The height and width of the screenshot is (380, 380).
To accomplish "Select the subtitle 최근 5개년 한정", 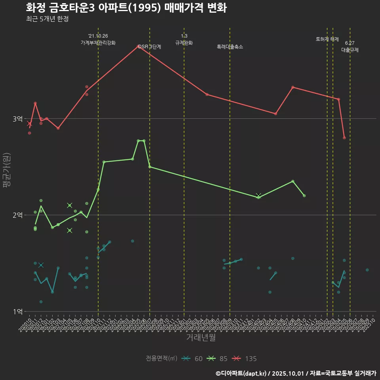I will click(x=47, y=19).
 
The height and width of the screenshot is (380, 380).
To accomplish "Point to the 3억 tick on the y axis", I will click(x=18, y=119).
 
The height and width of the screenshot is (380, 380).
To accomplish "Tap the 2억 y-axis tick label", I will click(x=18, y=215).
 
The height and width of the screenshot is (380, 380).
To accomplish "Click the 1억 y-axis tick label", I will click(x=18, y=312).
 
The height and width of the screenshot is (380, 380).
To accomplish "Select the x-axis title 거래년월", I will click(x=201, y=338).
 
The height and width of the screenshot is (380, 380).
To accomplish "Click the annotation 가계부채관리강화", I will click(x=98, y=43).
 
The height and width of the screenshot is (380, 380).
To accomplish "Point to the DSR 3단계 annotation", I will click(x=150, y=47).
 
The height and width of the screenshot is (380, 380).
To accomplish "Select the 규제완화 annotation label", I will click(x=184, y=43).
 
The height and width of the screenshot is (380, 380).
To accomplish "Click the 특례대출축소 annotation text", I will click(x=230, y=47).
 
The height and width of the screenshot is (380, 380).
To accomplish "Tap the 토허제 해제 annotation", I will click(x=327, y=39).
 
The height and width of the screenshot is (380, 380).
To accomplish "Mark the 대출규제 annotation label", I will click(x=350, y=50).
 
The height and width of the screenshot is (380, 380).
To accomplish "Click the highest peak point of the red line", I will click(x=138, y=46).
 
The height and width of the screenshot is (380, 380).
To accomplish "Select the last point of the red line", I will click(x=344, y=138).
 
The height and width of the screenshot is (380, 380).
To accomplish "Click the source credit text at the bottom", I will click(x=296, y=373).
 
